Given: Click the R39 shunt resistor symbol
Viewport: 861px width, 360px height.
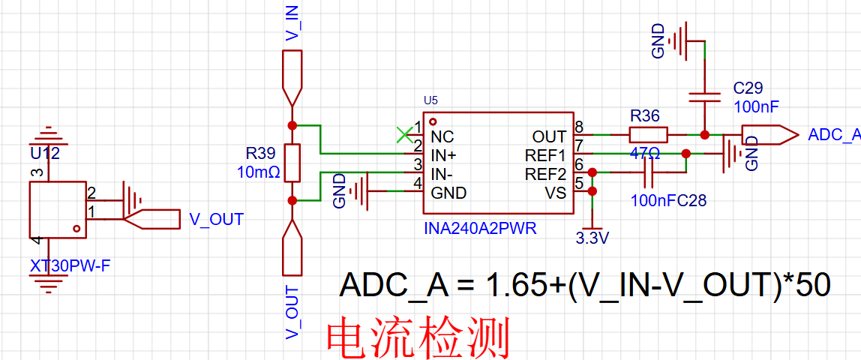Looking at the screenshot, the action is click(x=292, y=163).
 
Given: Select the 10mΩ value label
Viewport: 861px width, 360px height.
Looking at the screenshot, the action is click(x=259, y=172).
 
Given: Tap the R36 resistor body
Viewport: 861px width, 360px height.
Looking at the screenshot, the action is click(x=648, y=134).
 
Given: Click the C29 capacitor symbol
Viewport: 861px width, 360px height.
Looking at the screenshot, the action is click(x=704, y=97).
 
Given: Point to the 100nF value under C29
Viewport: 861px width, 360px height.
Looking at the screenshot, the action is click(x=756, y=107).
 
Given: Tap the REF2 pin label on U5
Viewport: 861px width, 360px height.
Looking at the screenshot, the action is click(x=544, y=175).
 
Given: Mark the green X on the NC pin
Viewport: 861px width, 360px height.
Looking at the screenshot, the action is click(x=405, y=134).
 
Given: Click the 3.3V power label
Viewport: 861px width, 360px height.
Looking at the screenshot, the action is click(x=592, y=238).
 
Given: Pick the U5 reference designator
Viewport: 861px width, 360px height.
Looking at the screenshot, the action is click(x=430, y=100).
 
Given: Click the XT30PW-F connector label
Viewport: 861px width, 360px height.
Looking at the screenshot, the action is click(x=70, y=267).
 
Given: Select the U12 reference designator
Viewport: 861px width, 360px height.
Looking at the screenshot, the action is click(x=45, y=154).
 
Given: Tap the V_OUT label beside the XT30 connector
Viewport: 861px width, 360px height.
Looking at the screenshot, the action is click(x=216, y=220).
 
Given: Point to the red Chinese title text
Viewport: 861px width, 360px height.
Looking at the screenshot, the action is click(x=418, y=337).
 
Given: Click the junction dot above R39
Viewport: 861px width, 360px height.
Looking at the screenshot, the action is click(x=292, y=125).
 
